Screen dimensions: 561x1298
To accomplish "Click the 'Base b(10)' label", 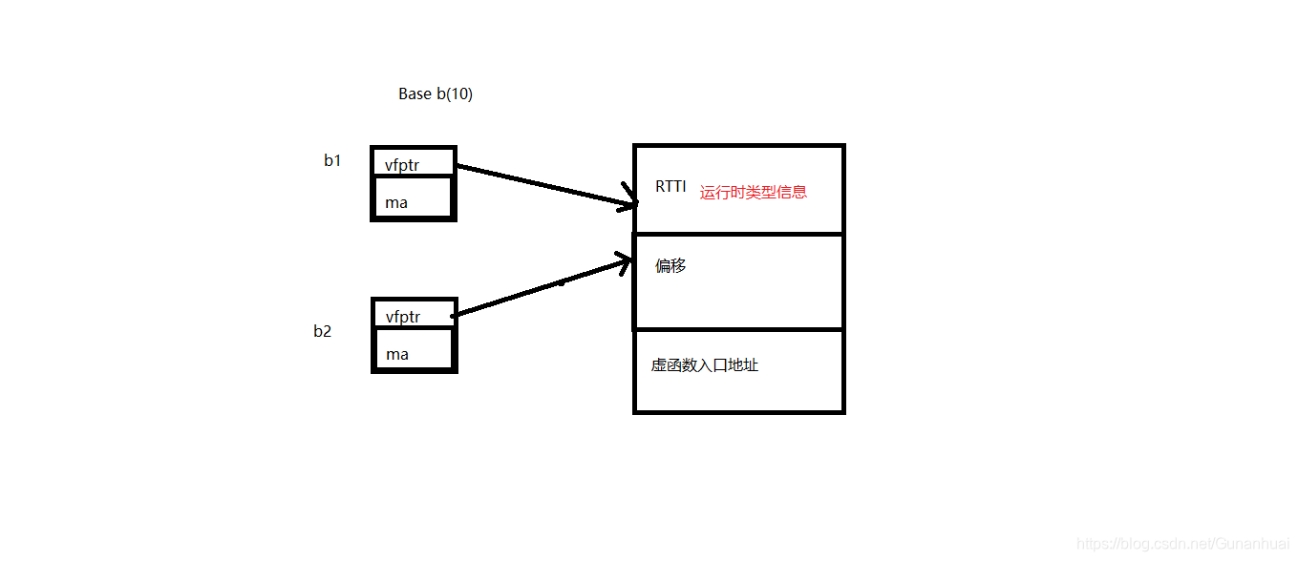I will coord(436,94).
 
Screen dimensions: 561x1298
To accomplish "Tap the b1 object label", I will coord(332,160).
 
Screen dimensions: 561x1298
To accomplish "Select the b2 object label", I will coord(323,332).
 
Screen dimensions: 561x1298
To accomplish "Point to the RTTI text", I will coord(670,187).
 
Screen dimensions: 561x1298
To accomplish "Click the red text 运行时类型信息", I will coord(754,192).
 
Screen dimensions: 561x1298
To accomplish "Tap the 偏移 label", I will coord(670,266).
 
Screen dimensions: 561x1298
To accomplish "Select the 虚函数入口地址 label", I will coord(705,365).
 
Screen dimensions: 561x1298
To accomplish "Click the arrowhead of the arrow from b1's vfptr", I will coord(632,203).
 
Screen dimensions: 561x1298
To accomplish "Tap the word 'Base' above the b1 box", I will coord(415,94).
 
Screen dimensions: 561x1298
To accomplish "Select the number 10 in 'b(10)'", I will coord(457,94).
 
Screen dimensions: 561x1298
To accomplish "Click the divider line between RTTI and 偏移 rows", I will coord(739,234).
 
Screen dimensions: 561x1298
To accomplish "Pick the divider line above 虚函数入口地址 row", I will coord(739,329).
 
